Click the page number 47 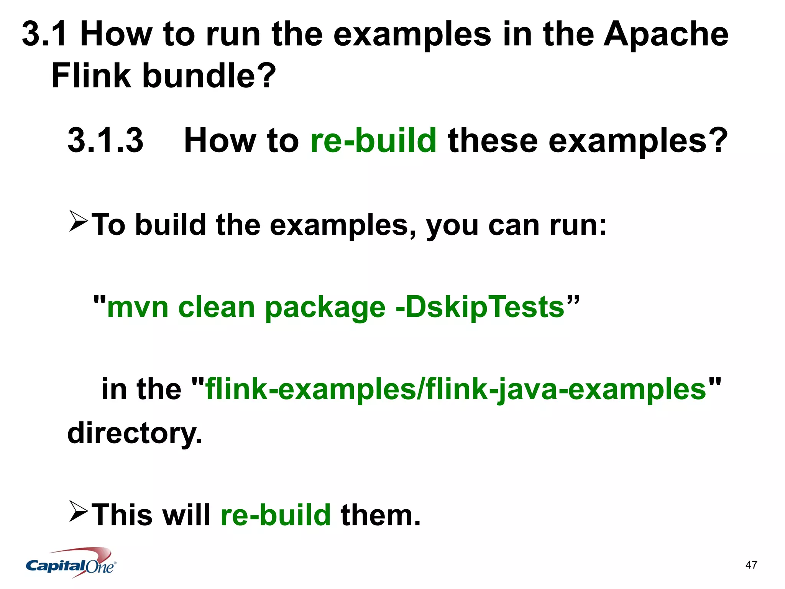tap(751, 565)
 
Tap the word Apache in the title tap(666, 35)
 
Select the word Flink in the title tap(91, 76)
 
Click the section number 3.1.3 tap(105, 141)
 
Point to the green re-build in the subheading tap(373, 141)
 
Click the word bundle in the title tap(209, 76)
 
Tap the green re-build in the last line tap(276, 515)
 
